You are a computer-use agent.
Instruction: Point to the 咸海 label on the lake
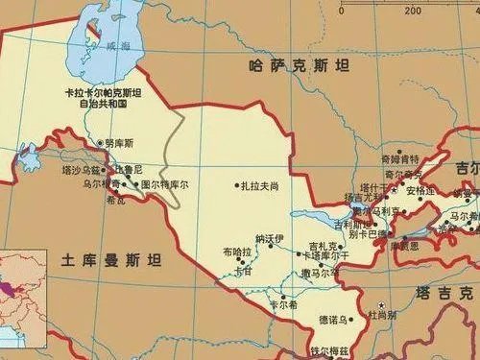tap(118, 45)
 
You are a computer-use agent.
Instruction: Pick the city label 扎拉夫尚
tap(260, 184)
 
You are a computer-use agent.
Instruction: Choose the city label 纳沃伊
tap(270, 237)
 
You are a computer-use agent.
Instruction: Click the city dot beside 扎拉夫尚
tap(236, 184)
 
